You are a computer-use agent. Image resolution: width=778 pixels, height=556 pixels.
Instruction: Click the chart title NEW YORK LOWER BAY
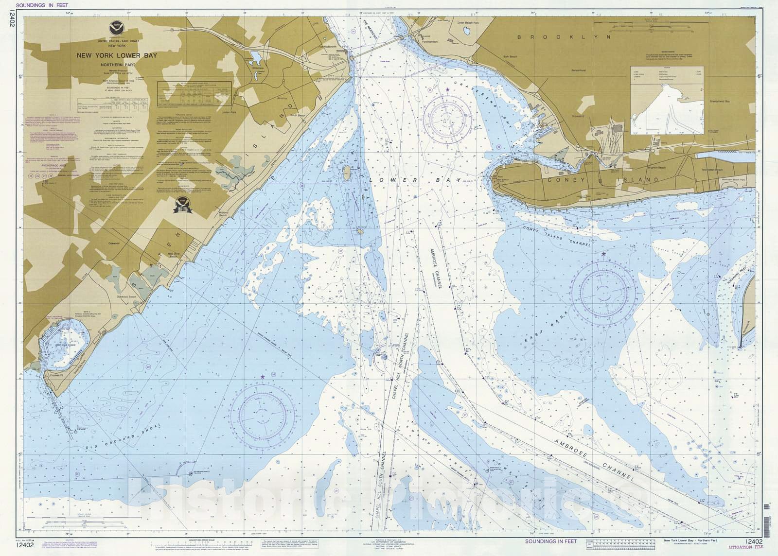117,55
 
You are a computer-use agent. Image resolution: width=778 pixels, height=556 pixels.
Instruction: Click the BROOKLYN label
564,37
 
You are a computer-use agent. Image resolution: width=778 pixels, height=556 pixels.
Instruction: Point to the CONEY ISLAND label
603,180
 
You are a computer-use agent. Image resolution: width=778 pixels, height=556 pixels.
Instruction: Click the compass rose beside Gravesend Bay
447,119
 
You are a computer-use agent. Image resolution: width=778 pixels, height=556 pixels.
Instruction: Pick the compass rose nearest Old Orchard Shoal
262,416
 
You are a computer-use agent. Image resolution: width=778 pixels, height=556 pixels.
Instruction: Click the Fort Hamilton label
429,42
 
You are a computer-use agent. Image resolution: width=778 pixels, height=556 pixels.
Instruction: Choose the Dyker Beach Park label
468,23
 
